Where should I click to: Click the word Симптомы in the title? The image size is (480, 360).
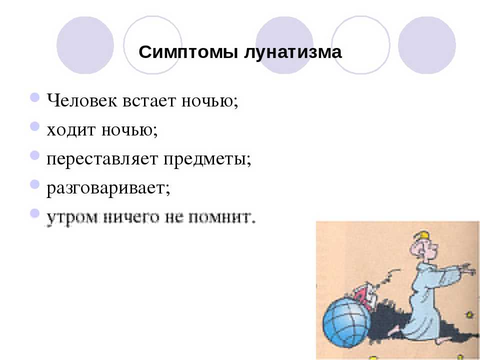pyautogui.click(x=188, y=51)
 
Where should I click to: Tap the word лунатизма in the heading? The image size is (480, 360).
pyautogui.click(x=292, y=52)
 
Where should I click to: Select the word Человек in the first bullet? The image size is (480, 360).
pyautogui.click(x=81, y=100)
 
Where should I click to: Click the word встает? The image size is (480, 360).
pyautogui.click(x=149, y=100)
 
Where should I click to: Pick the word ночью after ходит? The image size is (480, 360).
pyautogui.click(x=129, y=130)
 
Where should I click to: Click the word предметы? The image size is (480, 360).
pyautogui.click(x=207, y=159)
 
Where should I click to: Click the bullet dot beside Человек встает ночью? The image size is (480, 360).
pyautogui.click(x=35, y=97)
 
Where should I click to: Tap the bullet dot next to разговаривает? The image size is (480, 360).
pyautogui.click(x=35, y=184)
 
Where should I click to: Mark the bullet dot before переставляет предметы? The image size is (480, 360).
pyautogui.click(x=35, y=155)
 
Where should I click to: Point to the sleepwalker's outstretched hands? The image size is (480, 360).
pyautogui.click(x=468, y=268)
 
